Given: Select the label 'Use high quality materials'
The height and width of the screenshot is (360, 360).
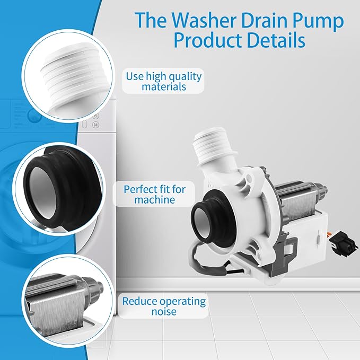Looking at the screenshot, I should point(164,81).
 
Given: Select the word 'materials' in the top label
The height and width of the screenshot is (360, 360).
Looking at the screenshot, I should point(164,86).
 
